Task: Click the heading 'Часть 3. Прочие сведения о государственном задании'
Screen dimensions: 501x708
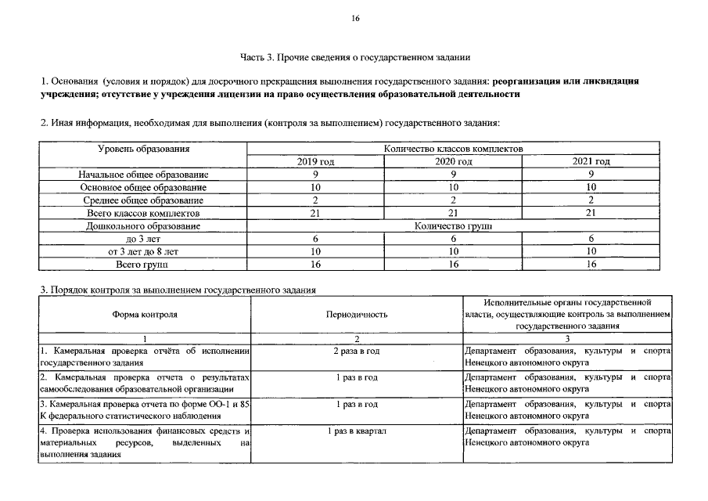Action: coord(354,56)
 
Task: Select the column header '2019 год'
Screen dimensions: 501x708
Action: coord(315,161)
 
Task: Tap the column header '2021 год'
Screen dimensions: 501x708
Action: coord(591,161)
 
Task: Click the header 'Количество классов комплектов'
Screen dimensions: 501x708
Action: coord(454,148)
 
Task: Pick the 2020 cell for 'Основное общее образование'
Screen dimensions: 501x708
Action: coord(454,187)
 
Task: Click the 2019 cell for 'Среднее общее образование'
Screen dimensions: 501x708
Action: coord(315,200)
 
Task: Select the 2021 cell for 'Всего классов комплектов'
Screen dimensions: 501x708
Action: coord(591,213)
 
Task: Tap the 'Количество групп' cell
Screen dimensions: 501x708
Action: coord(454,225)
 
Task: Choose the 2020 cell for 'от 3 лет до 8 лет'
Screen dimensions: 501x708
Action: coord(454,251)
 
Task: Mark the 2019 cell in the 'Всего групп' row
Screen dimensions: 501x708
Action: coord(315,265)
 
